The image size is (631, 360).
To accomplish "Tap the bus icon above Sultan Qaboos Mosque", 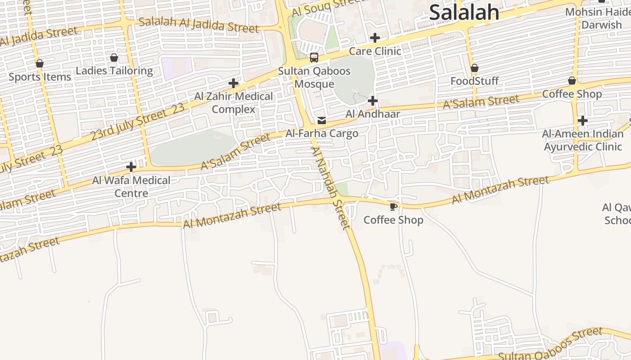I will click(314, 58).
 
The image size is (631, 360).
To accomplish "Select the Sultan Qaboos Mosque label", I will click(314, 77).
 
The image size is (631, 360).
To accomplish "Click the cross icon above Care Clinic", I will click(375, 38).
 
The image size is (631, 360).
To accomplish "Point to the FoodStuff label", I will click(475, 81).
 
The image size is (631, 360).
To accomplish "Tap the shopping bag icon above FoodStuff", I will click(475, 68).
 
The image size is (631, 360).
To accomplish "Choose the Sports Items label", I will click(40, 77).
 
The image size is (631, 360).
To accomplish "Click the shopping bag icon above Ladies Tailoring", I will click(114, 58).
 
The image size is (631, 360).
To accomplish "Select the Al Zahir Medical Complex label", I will click(233, 103).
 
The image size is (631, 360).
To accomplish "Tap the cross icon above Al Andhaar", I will click(373, 101).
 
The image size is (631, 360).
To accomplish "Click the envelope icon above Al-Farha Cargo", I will click(322, 121).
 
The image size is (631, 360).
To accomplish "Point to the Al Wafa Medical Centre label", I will click(131, 186).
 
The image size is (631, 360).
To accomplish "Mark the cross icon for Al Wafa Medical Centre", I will click(131, 167).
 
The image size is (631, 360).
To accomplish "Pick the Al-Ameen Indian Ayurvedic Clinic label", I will click(583, 140).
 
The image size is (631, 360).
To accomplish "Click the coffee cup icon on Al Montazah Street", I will click(393, 207).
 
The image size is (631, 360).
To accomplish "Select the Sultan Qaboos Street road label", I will click(550, 344).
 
